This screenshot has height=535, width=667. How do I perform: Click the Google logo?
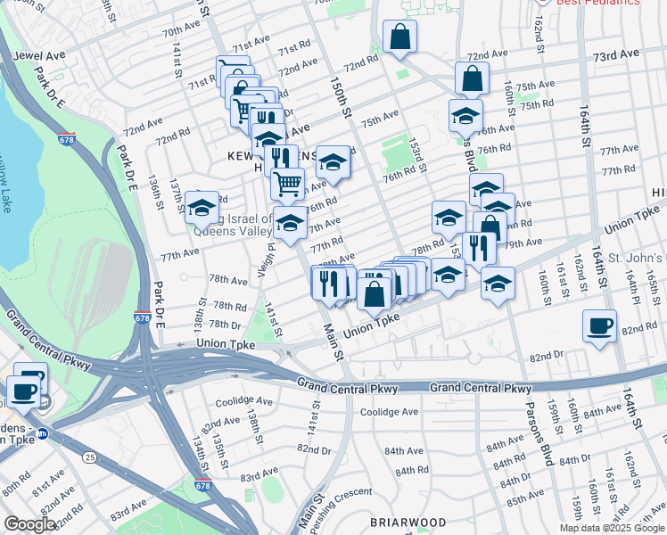tap(29, 524)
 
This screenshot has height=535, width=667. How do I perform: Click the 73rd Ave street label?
tap(617, 55)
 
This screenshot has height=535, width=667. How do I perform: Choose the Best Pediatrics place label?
tap(598, 3)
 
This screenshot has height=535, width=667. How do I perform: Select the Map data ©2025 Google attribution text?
tap(612, 528)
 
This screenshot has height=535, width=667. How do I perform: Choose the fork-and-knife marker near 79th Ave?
tap(481, 249)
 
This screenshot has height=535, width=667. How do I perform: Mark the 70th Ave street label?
tap(181, 31)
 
